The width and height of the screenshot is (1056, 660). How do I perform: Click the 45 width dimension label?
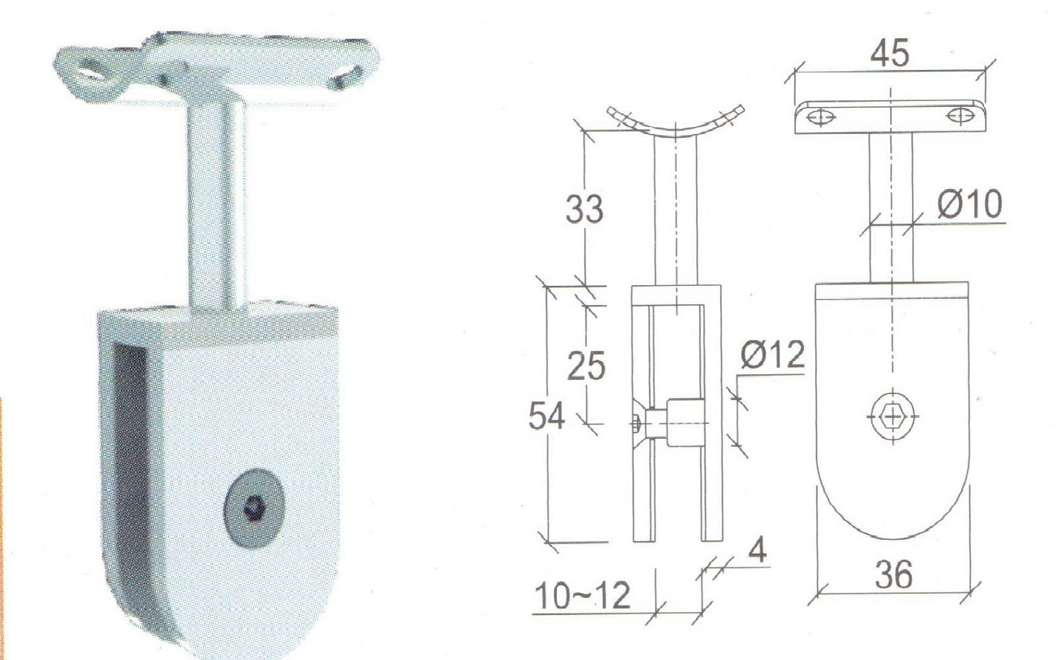[x=889, y=53]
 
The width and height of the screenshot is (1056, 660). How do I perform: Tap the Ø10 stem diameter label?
[x=970, y=204]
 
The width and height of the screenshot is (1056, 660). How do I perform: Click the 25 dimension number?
[x=586, y=366]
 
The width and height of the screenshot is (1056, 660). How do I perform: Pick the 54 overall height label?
[x=546, y=415]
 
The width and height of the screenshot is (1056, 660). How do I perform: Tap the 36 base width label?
[x=894, y=574]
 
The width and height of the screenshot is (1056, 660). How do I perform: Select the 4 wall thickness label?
[x=757, y=549]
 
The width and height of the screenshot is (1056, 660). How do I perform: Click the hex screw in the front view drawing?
[x=892, y=417]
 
